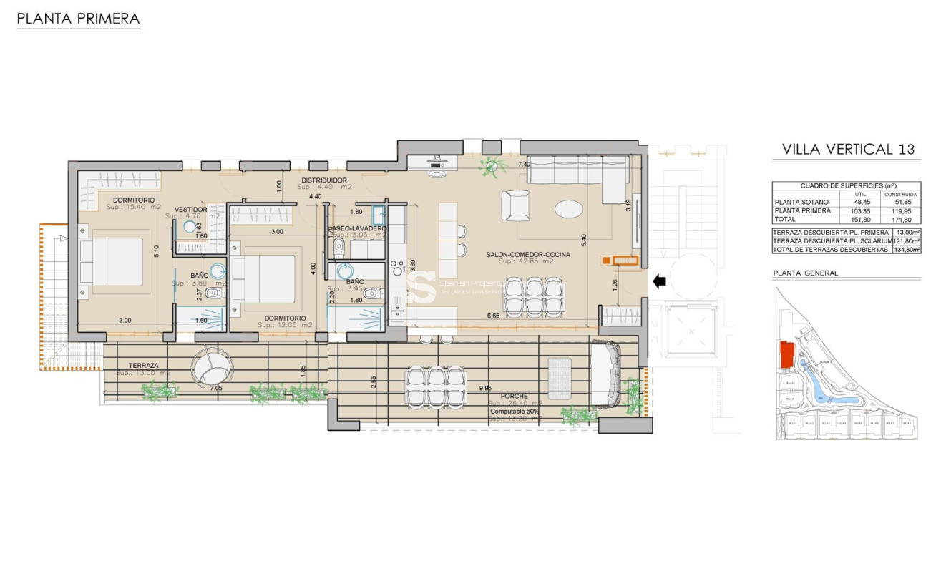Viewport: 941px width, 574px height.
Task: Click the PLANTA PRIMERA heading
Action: pyautogui.click(x=78, y=19)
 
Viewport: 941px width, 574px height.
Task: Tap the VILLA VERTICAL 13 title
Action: pyautogui.click(x=848, y=150)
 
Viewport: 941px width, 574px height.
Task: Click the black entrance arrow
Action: pyautogui.click(x=659, y=281)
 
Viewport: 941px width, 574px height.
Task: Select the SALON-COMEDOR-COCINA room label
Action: pyautogui.click(x=527, y=254)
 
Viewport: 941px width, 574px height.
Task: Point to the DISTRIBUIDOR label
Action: pyautogui.click(x=324, y=180)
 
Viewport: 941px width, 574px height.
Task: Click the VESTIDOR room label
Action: pyautogui.click(x=191, y=210)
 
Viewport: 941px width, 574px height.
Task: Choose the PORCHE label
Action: pyautogui.click(x=514, y=396)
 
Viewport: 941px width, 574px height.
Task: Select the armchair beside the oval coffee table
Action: pyautogui.click(x=516, y=206)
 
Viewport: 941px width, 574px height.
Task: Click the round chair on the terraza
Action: pyautogui.click(x=211, y=367)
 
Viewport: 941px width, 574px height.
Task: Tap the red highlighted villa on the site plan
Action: pyautogui.click(x=786, y=355)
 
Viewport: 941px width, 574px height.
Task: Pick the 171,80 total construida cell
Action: pyautogui.click(x=899, y=220)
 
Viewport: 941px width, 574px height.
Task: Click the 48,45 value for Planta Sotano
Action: pyautogui.click(x=857, y=202)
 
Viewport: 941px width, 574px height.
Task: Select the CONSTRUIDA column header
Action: pyautogui.click(x=900, y=194)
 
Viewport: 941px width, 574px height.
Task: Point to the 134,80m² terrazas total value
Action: pyautogui.click(x=906, y=250)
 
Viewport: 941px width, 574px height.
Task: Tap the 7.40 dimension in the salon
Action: pyautogui.click(x=524, y=165)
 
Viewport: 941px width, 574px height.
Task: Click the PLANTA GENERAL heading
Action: pyautogui.click(x=805, y=273)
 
